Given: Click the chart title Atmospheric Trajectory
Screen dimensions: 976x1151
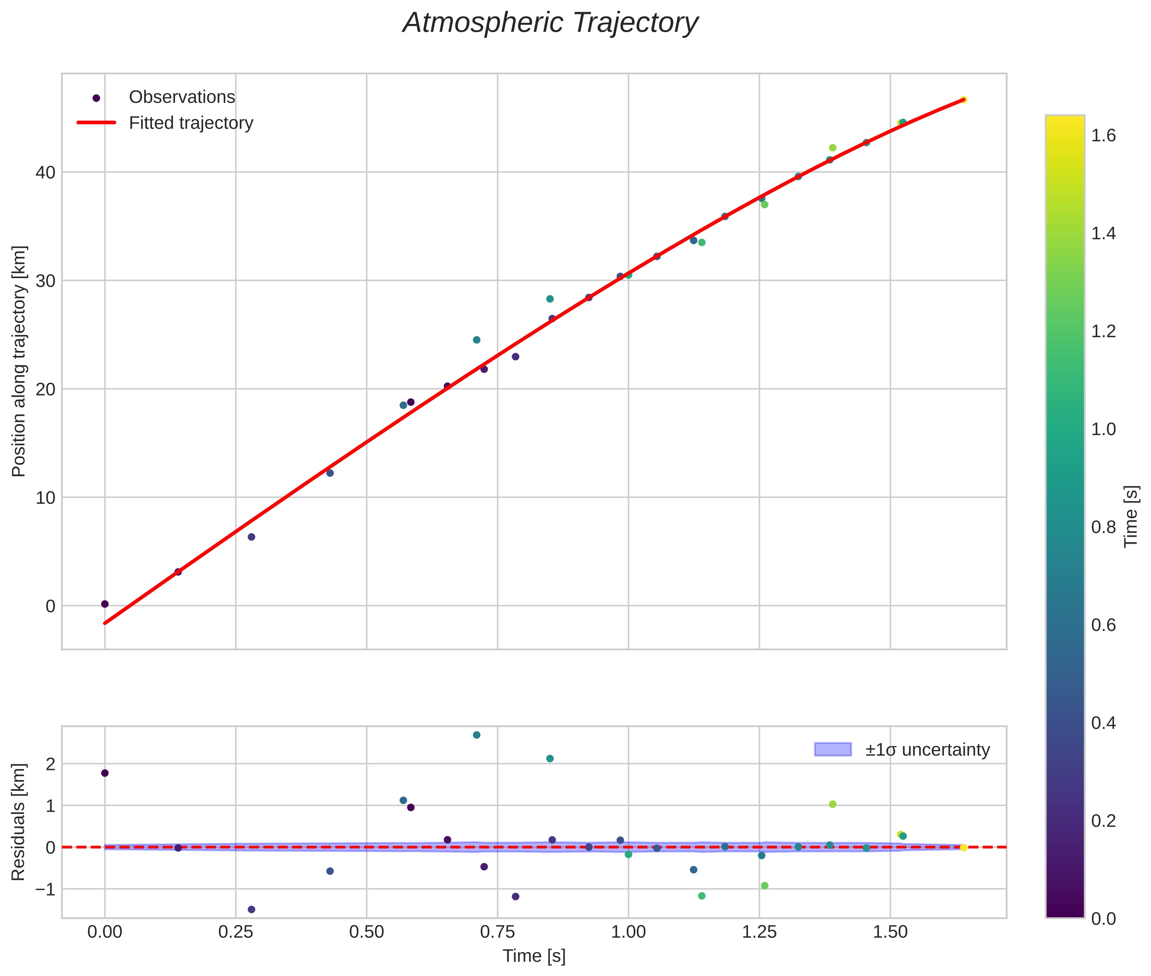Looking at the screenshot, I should [550, 23].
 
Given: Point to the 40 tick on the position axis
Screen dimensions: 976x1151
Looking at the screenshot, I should [45, 173].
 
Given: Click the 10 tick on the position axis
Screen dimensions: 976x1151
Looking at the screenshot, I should [45, 498].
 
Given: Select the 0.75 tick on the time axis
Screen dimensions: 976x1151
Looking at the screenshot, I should [497, 932].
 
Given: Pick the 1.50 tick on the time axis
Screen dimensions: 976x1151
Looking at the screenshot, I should [890, 932].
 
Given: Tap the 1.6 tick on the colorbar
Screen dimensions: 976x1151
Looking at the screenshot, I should [1103, 136].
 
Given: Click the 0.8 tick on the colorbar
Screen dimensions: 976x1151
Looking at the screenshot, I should [1103, 527].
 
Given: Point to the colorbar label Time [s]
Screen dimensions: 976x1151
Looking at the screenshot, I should [1131, 516].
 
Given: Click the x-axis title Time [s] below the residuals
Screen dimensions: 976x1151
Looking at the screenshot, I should [534, 956].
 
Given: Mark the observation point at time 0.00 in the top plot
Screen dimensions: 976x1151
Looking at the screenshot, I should [105, 604].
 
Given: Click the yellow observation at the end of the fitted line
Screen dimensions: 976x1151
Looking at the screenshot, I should [963, 100].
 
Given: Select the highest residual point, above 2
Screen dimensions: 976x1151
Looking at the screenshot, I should [476, 735].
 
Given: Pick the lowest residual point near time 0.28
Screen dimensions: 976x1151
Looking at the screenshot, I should [251, 910].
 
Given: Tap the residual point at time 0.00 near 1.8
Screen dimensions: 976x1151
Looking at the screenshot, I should [105, 773].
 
